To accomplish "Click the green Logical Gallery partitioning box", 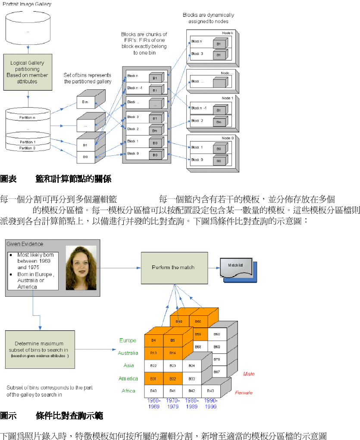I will click(27, 72).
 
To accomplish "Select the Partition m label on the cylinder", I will click(28, 117).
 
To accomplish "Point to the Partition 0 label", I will click(28, 148).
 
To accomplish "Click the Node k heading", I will click(227, 33).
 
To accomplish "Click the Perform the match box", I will click(173, 267).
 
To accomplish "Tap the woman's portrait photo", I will click(81, 267).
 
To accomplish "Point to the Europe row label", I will click(128, 340).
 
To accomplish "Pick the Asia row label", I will click(128, 366).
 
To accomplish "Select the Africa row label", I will click(128, 391).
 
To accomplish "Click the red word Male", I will click(249, 374).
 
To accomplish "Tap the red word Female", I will click(244, 393).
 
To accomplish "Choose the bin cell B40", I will click(153, 391).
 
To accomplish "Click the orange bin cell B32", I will click(172, 378).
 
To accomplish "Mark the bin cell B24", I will click(191, 366).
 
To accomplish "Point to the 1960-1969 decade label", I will click(153, 404).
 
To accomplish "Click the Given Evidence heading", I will click(25, 244).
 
